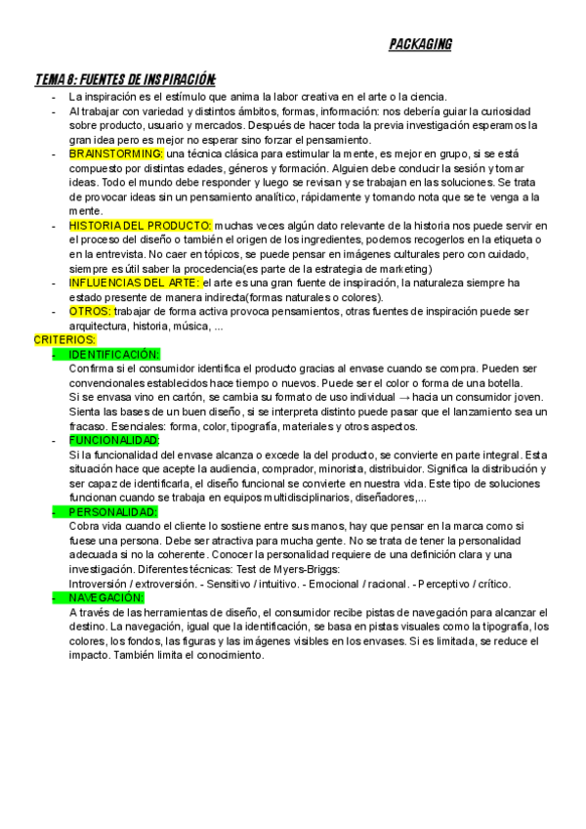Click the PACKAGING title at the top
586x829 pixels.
coord(420,45)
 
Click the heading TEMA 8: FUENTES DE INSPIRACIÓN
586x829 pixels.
coord(125,79)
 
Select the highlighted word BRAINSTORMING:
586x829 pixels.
coord(116,154)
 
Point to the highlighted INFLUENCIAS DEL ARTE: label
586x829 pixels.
coord(135,283)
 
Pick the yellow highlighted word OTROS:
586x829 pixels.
coord(91,312)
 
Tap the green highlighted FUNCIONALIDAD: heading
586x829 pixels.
coord(113,440)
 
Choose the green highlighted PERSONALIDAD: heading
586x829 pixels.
coord(113,512)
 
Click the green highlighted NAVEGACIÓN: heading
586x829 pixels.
coord(107,597)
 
